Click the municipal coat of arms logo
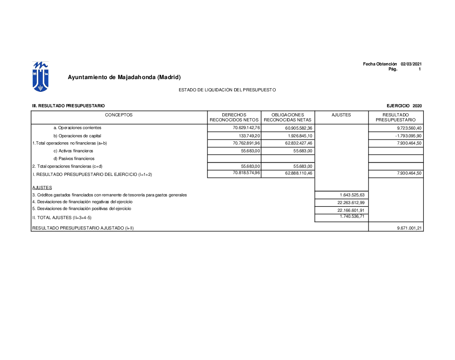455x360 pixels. (40, 76)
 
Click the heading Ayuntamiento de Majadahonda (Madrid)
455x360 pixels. (124, 77)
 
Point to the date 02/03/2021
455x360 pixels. (411, 64)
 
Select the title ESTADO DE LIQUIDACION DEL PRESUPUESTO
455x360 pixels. (227, 90)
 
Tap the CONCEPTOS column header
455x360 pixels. (119, 115)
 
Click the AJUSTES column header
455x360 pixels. (341, 115)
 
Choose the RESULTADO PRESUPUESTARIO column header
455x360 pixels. (395, 117)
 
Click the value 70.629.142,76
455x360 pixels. (246, 128)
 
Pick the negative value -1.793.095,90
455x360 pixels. (408, 136)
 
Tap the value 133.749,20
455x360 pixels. (249, 136)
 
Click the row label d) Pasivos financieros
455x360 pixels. (74, 159)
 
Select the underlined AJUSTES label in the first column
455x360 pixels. (42, 188)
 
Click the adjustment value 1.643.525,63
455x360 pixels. (352, 195)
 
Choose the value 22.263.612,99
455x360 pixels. (351, 203)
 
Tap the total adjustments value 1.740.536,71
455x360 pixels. (352, 217)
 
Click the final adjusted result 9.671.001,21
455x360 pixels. (409, 228)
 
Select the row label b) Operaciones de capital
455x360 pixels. (77, 136)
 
